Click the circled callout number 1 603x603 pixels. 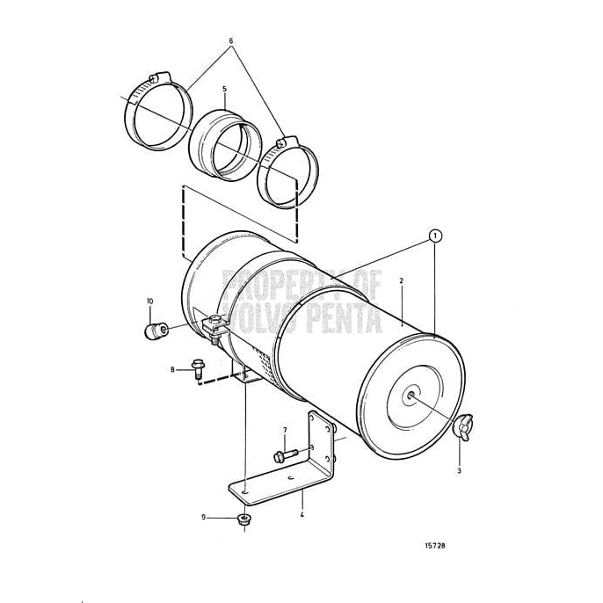point(433,236)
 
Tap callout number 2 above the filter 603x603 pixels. point(401,281)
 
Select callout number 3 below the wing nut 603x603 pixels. point(458,471)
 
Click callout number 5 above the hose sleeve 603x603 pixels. point(224,89)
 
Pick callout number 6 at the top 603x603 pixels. point(231,41)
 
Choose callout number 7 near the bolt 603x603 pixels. point(284,430)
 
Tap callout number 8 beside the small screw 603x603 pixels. point(173,369)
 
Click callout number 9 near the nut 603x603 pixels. point(204,517)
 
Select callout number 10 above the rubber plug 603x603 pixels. point(149,301)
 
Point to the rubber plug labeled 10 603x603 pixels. point(156,332)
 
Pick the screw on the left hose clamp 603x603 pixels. point(158,77)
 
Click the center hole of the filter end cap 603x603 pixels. point(410,395)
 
